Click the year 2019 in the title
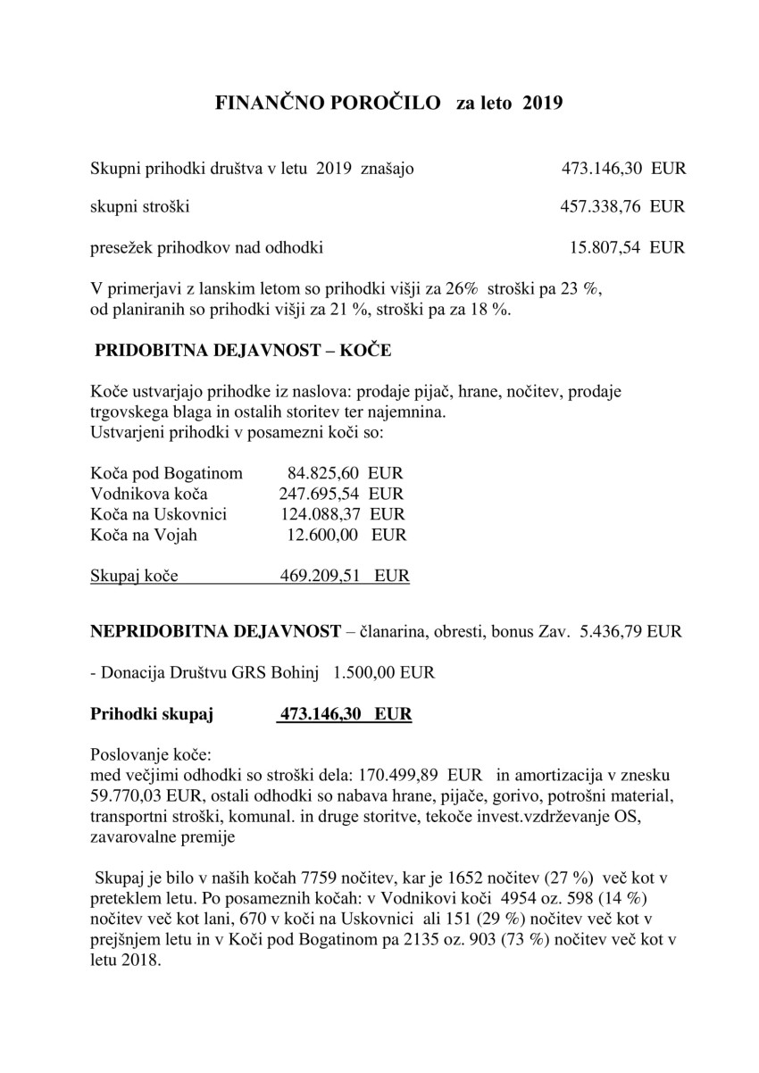coord(542,104)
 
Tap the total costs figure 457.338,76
coord(600,207)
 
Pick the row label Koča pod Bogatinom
coord(166,472)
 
